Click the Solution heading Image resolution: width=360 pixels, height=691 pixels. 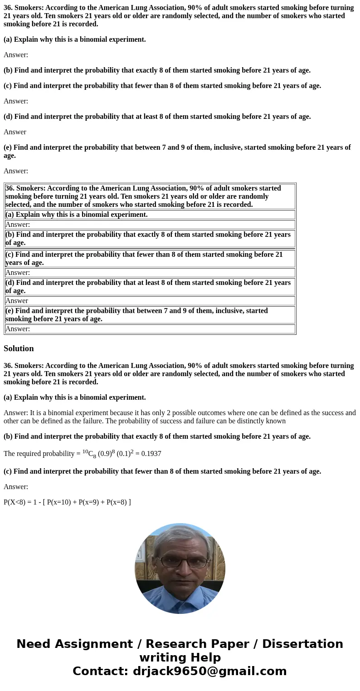[19, 348]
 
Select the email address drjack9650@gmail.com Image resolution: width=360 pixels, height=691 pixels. [209, 671]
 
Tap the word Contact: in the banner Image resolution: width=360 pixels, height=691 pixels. [101, 671]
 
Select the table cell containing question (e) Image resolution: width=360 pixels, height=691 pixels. [150, 315]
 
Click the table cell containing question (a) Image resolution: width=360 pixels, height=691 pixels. [150, 215]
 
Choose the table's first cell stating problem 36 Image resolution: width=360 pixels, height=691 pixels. [150, 196]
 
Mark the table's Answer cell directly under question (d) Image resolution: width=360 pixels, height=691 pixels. [150, 301]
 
